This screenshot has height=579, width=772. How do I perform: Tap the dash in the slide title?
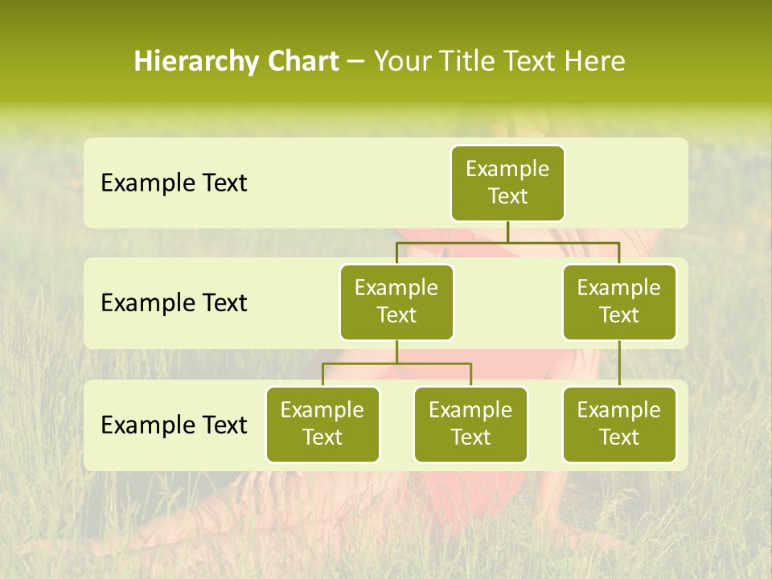pos(356,62)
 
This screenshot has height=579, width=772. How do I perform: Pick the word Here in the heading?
pos(593,62)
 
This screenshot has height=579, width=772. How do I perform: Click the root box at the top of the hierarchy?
pos(507,183)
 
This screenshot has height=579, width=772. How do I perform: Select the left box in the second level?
pos(396,302)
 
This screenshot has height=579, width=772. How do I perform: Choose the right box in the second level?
pos(619,302)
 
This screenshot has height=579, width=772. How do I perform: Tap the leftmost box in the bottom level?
pos(322,424)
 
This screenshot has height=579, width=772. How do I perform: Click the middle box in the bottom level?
pos(470,424)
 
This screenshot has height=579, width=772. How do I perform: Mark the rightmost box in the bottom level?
pos(619,424)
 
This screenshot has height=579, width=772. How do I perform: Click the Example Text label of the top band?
pos(174,183)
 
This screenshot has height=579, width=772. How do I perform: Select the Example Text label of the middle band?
pos(174,303)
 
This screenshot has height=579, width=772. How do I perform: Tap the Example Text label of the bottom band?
pos(174,425)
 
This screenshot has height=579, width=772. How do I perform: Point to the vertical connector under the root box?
pos(507,232)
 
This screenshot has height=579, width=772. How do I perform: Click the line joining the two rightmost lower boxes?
pos(619,363)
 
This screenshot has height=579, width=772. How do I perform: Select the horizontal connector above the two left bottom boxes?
pos(396,363)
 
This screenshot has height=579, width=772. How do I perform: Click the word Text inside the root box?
pos(507,196)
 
